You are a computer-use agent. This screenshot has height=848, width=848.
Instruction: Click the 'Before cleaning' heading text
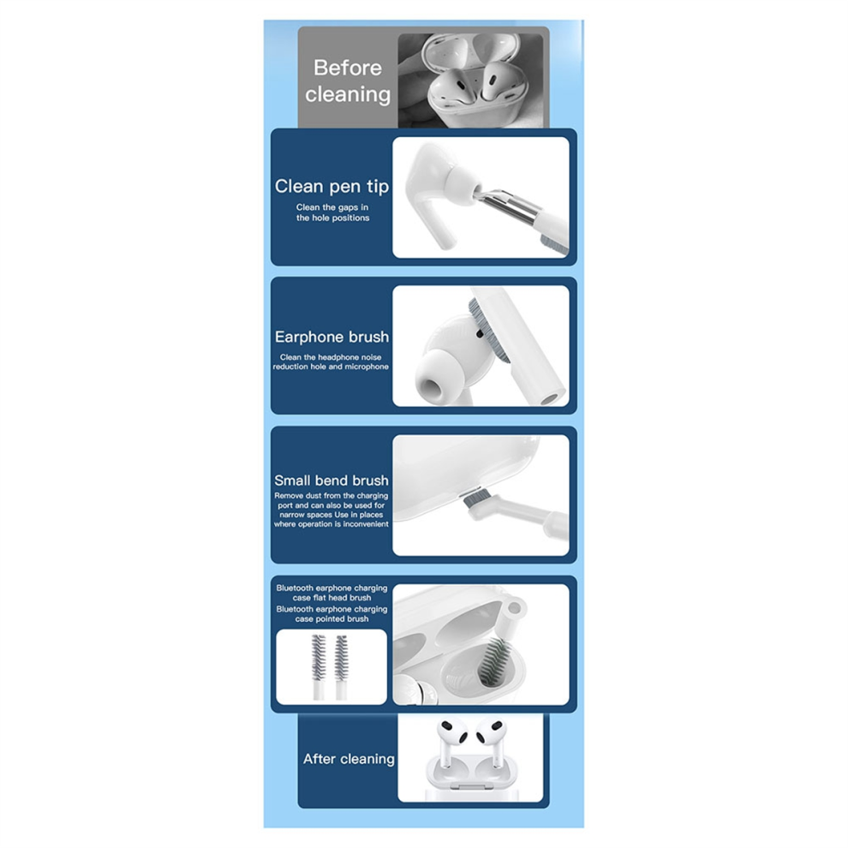coord(347,81)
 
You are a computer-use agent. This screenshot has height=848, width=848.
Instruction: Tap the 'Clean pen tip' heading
coord(331,186)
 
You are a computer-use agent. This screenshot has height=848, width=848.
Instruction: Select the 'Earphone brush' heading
coord(331,337)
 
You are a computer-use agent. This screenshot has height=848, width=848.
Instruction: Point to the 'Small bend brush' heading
coord(331,480)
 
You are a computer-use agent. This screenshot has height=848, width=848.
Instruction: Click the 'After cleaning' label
coord(349,759)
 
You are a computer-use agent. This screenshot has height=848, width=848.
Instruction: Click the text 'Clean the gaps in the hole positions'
coord(332,212)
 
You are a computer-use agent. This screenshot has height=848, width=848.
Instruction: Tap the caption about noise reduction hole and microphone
coord(331,361)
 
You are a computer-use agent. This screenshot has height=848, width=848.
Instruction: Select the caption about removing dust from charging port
coord(331,510)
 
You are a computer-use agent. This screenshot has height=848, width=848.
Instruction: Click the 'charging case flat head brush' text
coord(331,593)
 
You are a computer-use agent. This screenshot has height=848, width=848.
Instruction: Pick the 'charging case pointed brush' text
coord(331,614)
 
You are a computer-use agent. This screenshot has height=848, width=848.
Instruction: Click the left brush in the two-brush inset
coord(319,666)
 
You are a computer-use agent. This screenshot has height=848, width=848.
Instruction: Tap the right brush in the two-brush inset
coord(341,666)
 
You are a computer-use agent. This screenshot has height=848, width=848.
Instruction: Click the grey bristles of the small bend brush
coord(473,497)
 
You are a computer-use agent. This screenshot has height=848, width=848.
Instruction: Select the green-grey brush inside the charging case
coord(491,659)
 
